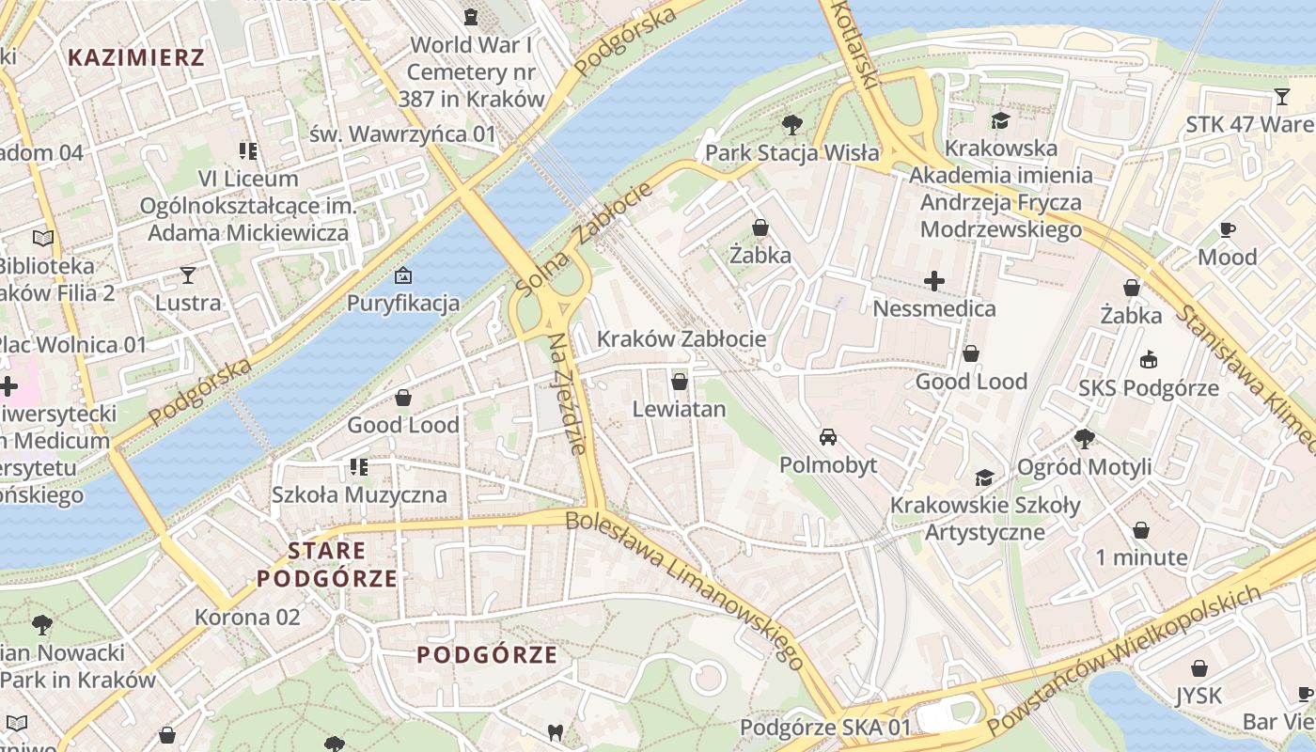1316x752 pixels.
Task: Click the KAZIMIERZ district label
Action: pyautogui.click(x=136, y=57)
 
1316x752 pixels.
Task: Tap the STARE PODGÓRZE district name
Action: pyautogui.click(x=328, y=564)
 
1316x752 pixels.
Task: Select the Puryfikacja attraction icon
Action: pyautogui.click(x=403, y=275)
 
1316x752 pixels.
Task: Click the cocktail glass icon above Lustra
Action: pyautogui.click(x=188, y=275)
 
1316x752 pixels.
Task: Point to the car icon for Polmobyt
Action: pyautogui.click(x=828, y=437)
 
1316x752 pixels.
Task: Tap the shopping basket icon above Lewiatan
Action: pyautogui.click(x=680, y=382)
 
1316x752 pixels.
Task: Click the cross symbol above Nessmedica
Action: pyautogui.click(x=934, y=281)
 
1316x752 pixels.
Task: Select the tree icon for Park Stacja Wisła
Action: pyautogui.click(x=792, y=124)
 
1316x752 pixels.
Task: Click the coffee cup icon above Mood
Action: pyautogui.click(x=1227, y=229)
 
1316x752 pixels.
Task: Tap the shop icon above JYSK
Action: pyautogui.click(x=1198, y=668)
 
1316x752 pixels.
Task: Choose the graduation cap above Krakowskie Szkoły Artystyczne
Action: pyautogui.click(x=984, y=478)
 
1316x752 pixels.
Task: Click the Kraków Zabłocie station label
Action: pyautogui.click(x=681, y=338)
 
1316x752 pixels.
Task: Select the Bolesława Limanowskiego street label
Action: pyautogui.click(x=685, y=588)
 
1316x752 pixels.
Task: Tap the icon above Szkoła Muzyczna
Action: pyautogui.click(x=358, y=466)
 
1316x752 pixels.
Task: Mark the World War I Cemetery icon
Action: pyautogui.click(x=471, y=16)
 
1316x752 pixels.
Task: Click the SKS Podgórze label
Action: pyautogui.click(x=1148, y=388)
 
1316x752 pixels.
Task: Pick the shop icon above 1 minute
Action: pyautogui.click(x=1141, y=530)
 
